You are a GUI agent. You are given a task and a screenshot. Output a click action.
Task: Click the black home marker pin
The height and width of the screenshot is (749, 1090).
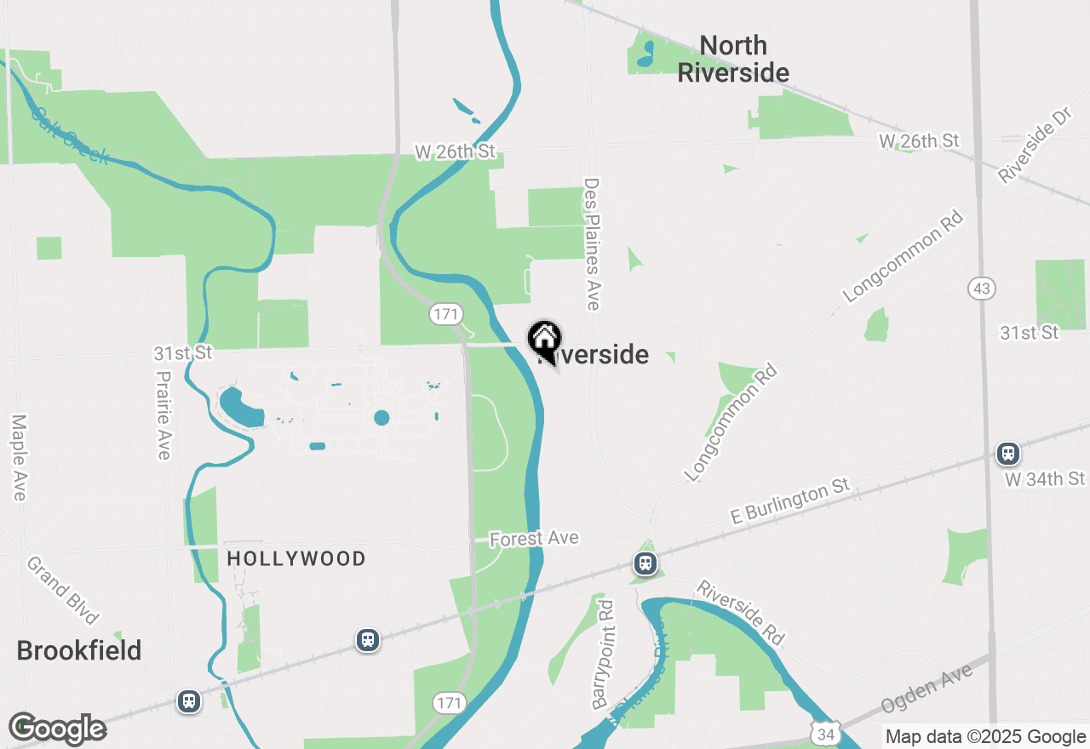tap(544, 340)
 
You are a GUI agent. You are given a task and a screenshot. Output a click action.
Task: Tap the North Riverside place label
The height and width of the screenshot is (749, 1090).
tap(733, 59)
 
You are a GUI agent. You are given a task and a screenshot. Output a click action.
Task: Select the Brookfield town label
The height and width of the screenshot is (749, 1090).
tap(79, 651)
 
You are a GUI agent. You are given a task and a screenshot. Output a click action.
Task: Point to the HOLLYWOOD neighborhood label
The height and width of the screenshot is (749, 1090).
tap(296, 559)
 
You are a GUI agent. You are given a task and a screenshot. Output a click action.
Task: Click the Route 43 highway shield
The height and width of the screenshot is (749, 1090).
tap(982, 289)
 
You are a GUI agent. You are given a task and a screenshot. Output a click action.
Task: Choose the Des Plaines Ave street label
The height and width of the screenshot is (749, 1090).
tap(593, 243)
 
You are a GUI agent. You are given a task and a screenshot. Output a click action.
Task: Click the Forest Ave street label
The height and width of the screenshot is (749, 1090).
tap(534, 538)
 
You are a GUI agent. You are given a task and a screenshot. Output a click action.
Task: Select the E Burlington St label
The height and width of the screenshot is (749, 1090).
tap(791, 502)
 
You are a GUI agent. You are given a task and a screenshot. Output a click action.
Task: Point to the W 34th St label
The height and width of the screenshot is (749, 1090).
tap(1045, 479)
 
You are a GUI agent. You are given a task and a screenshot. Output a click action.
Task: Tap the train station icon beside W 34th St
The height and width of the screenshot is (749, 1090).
tap(1008, 454)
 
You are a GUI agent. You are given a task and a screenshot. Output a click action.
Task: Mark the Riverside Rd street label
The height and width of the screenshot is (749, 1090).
tap(739, 612)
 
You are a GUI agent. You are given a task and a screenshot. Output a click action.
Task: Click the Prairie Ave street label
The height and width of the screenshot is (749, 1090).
tap(163, 415)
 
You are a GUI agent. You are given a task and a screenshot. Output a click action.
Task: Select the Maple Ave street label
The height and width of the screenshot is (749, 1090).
tap(20, 457)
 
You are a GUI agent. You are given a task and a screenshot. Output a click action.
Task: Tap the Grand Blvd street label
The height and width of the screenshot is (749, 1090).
tap(64, 591)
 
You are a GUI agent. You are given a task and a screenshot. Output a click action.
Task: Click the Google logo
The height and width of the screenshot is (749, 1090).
tap(58, 729)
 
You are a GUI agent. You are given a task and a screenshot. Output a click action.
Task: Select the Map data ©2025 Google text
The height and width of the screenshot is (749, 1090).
tap(985, 737)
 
